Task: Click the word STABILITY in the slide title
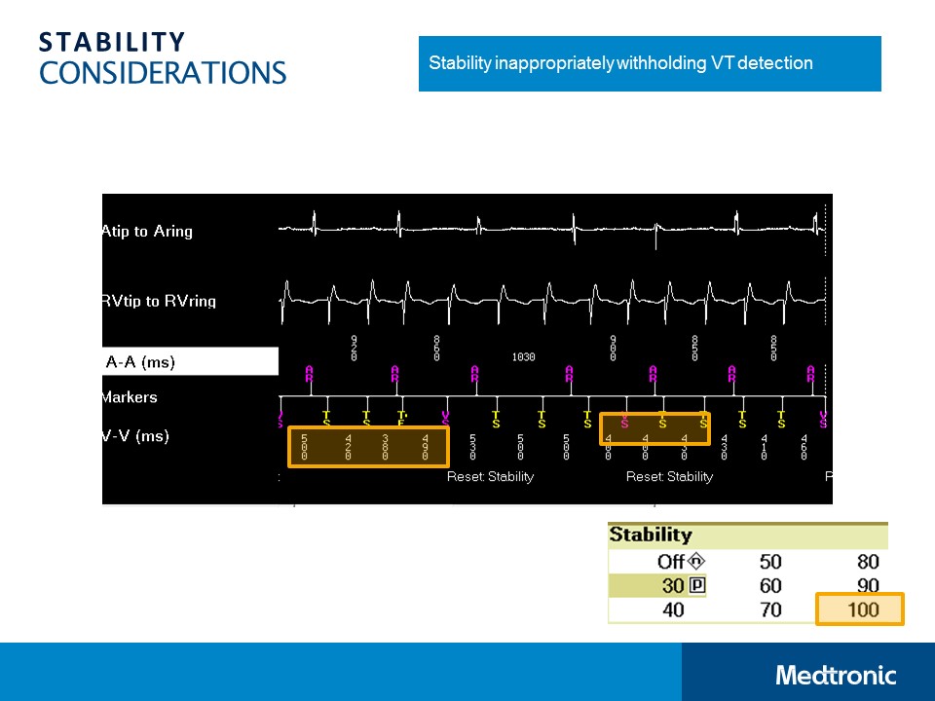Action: (x=112, y=42)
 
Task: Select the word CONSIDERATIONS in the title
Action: (x=163, y=73)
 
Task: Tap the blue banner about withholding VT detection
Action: (x=650, y=63)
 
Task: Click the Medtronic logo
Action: (x=836, y=675)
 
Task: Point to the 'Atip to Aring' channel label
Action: (x=147, y=232)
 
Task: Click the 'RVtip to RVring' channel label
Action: (x=159, y=302)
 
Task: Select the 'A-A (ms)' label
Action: (x=140, y=362)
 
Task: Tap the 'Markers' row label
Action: (x=129, y=397)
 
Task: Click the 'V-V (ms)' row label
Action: (x=135, y=436)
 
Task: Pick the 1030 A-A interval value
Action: (x=523, y=357)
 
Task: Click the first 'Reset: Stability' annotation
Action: (x=490, y=477)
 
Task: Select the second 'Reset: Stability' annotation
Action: (x=669, y=477)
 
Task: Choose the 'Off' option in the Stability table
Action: (x=671, y=562)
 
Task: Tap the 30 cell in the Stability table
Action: (x=672, y=586)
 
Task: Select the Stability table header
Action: (x=651, y=535)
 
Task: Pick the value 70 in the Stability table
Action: (x=770, y=610)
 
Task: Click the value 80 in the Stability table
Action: (x=867, y=562)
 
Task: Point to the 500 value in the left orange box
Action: (x=304, y=447)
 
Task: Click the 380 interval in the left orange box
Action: (x=386, y=447)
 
